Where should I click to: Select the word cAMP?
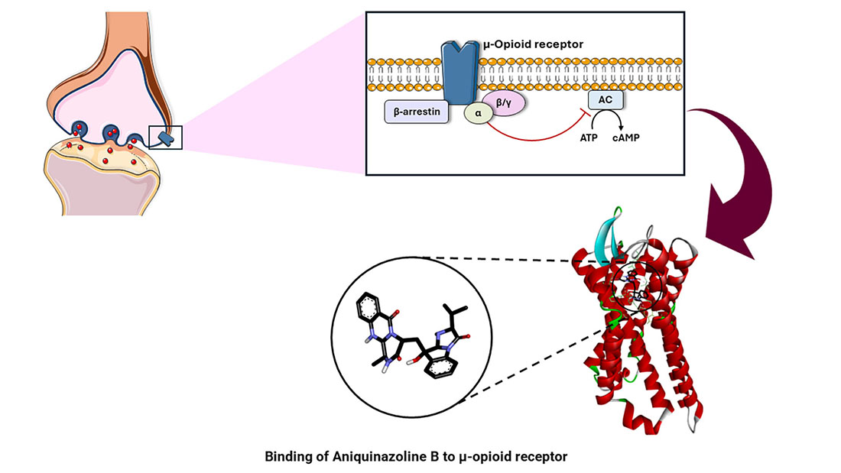click(x=631, y=141)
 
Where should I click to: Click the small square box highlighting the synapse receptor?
click(x=166, y=137)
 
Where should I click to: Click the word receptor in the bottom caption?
click(x=544, y=458)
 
